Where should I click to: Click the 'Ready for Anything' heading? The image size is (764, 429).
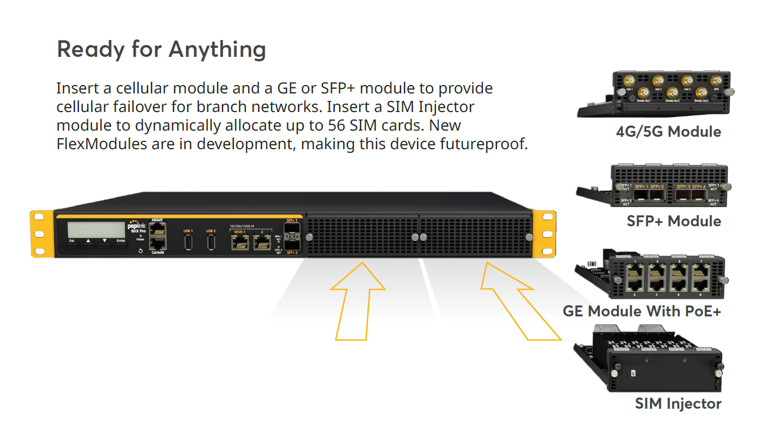(161, 50)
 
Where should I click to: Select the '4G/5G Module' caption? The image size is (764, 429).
(668, 132)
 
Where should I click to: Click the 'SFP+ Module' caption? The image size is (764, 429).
(674, 221)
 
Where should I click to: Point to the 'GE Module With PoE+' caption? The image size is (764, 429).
(642, 311)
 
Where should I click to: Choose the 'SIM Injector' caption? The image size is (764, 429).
(678, 404)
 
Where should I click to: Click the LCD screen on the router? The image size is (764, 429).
(96, 230)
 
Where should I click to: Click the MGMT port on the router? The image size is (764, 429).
(157, 229)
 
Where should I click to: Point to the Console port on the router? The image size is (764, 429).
(157, 244)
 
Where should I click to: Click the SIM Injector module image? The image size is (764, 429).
(648, 360)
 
